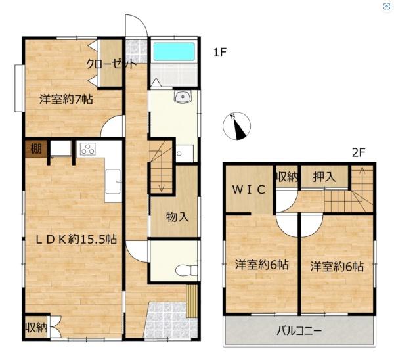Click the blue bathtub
click(174, 51)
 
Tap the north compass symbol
click(236, 126)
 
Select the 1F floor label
click(220, 53)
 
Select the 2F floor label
click(359, 152)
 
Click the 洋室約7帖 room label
click(66, 100)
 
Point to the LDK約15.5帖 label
click(76, 239)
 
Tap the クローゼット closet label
click(112, 64)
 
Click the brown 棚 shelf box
click(36, 149)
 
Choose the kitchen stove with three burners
click(88, 148)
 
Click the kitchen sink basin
click(113, 181)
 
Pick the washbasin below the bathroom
click(183, 97)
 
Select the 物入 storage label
click(178, 217)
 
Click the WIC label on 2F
click(248, 190)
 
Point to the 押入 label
click(324, 177)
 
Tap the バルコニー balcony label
click(299, 331)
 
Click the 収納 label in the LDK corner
click(36, 328)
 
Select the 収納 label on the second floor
click(287, 178)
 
